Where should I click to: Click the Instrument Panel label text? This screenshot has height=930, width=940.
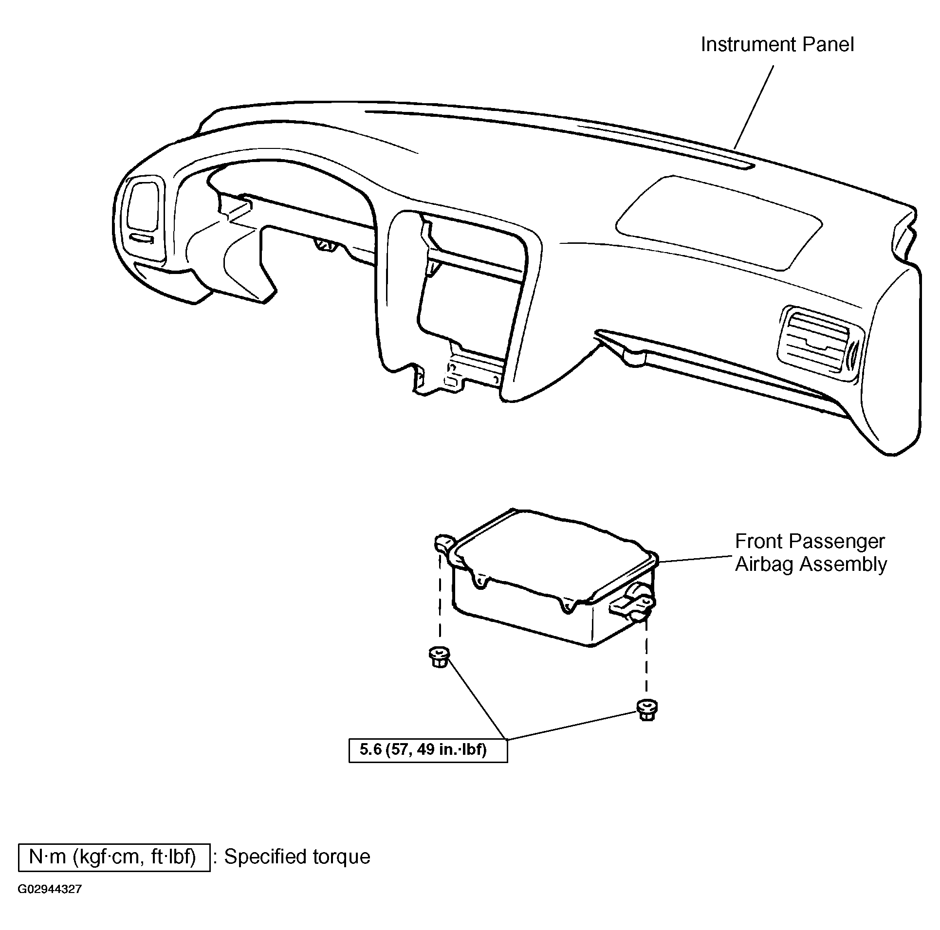(777, 45)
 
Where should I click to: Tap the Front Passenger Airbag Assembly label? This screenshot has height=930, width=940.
(811, 553)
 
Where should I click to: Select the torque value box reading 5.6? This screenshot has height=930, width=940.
(428, 750)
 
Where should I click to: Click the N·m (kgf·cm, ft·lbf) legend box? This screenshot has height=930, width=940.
(114, 857)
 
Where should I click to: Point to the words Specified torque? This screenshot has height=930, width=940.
(297, 857)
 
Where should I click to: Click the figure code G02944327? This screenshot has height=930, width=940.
(50, 903)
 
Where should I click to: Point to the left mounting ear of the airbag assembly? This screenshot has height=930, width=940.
(444, 543)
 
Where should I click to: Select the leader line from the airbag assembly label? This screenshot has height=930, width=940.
(695, 559)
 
